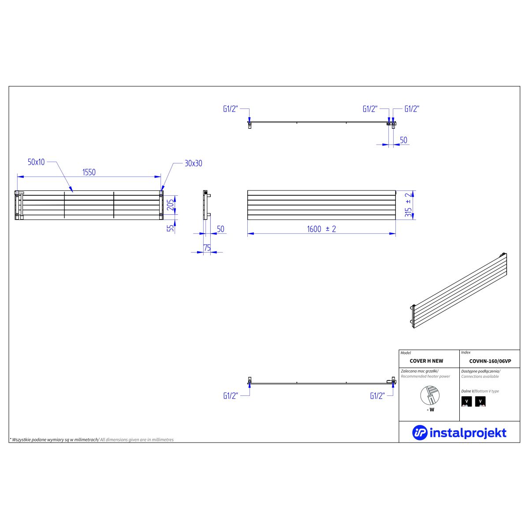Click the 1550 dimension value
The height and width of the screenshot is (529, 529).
[x=89, y=172]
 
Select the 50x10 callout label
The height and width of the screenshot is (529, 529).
[x=36, y=162]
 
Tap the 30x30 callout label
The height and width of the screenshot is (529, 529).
[x=193, y=164]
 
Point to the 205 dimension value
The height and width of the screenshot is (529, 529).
[x=171, y=205]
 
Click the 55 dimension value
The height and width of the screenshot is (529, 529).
[x=171, y=228]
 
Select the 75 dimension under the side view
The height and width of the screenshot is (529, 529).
[x=207, y=248]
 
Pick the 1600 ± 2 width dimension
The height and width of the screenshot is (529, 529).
[x=321, y=229]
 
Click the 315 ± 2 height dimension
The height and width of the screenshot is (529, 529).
[x=409, y=205]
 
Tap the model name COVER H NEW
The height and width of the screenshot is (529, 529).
[x=426, y=361]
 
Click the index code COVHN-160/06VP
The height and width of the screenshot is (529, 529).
[x=490, y=361]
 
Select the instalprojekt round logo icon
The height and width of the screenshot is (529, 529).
[x=420, y=433]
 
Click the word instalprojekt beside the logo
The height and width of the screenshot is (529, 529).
[x=468, y=433]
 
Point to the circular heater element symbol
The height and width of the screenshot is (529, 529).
[x=430, y=395]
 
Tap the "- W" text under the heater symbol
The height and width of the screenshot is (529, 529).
[x=430, y=410]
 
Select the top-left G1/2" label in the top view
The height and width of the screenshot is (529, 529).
[x=230, y=109]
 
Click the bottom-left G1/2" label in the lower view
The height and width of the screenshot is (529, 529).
[x=230, y=396]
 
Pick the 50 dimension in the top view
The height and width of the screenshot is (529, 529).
[x=403, y=140]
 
